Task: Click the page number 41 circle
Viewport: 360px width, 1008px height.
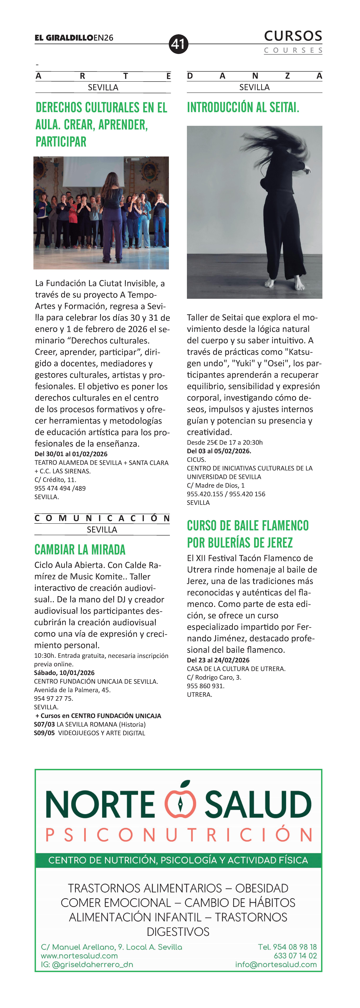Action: pos(178,44)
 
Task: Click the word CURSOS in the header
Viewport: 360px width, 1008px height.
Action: pos(293,36)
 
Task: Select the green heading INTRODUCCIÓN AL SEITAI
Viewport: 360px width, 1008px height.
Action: pos(243,107)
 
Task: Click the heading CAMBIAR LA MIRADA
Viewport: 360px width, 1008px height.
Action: pos(80,550)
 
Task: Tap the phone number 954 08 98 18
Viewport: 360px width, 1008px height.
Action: pos(287,947)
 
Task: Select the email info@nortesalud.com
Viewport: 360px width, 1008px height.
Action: pos(276,965)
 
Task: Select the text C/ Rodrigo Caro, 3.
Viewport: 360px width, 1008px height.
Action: pos(214,677)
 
